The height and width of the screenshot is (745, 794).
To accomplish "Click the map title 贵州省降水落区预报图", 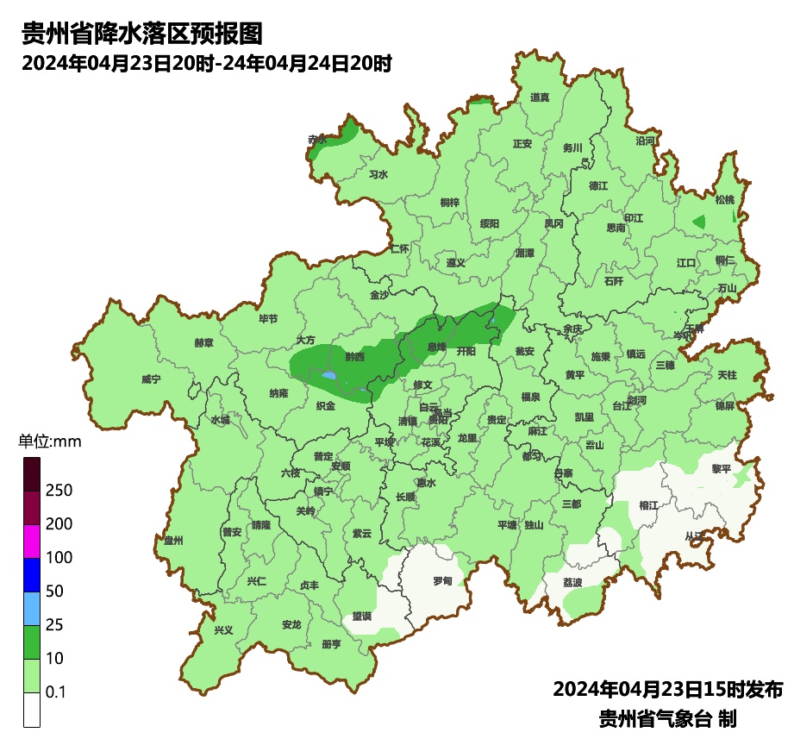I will point(141,34).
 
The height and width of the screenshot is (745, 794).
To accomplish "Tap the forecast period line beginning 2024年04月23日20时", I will point(207,64).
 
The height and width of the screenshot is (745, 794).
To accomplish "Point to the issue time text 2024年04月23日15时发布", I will point(667,689).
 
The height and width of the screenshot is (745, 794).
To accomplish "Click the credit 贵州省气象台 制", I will point(667,717).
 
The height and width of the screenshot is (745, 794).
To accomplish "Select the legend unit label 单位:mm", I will point(49,442).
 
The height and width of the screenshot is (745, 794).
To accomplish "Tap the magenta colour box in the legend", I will point(32,541).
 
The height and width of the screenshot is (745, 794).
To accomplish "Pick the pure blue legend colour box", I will point(32,574).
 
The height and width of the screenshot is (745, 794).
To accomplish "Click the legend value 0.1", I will point(56,692).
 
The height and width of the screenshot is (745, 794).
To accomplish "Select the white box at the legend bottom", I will point(32,710).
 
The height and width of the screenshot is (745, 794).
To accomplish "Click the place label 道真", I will point(540,97).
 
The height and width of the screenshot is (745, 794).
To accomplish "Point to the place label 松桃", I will point(724,200).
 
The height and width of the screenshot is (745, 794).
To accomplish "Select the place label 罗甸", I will point(442,580).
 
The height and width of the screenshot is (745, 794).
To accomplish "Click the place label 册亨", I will point(330,644).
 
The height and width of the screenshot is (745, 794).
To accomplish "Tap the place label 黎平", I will point(721,469).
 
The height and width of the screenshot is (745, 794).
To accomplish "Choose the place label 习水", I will point(378,174).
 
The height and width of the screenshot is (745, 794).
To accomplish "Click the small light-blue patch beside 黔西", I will point(328,376).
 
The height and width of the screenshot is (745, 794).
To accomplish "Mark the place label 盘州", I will point(173,540).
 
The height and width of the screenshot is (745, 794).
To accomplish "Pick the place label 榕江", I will point(648,504).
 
